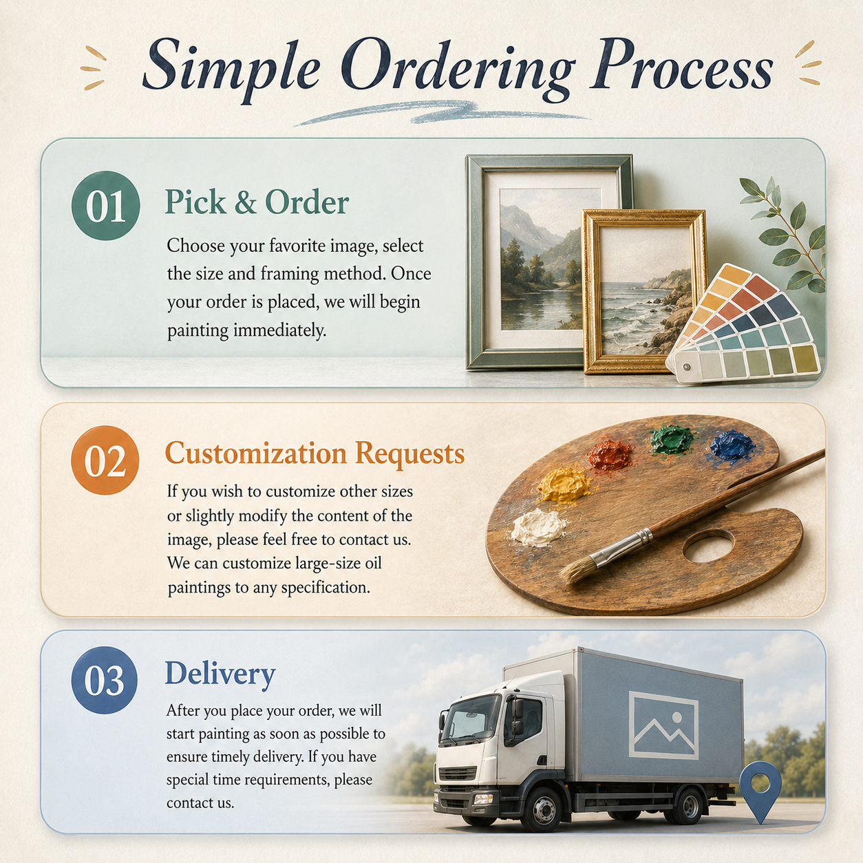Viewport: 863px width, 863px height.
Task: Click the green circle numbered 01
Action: [106, 206]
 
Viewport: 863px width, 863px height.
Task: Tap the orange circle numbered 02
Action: [105, 460]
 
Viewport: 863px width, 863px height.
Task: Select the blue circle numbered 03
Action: [105, 680]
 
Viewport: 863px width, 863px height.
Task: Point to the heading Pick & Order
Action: [257, 202]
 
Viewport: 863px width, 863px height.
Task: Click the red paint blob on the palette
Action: [610, 455]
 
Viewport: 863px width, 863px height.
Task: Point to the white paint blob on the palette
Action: [538, 527]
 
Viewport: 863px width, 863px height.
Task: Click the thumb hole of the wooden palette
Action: [708, 546]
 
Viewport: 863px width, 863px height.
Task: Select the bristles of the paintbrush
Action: [577, 570]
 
